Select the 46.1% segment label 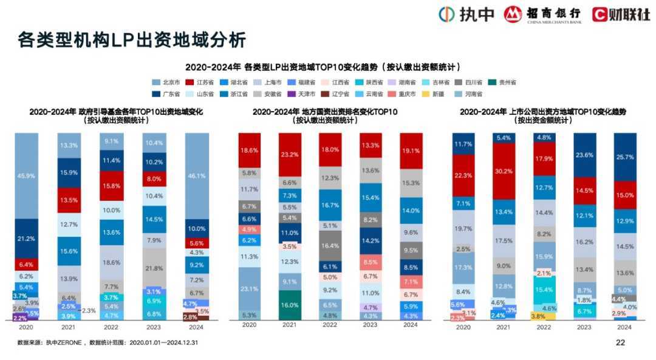(x=197, y=175)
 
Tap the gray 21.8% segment (x=154, y=268)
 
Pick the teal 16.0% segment (x=289, y=305)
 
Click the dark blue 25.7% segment (x=625, y=157)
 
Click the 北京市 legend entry (x=168, y=82)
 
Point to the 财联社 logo (x=621, y=13)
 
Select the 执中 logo (x=467, y=13)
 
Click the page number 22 (x=620, y=343)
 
